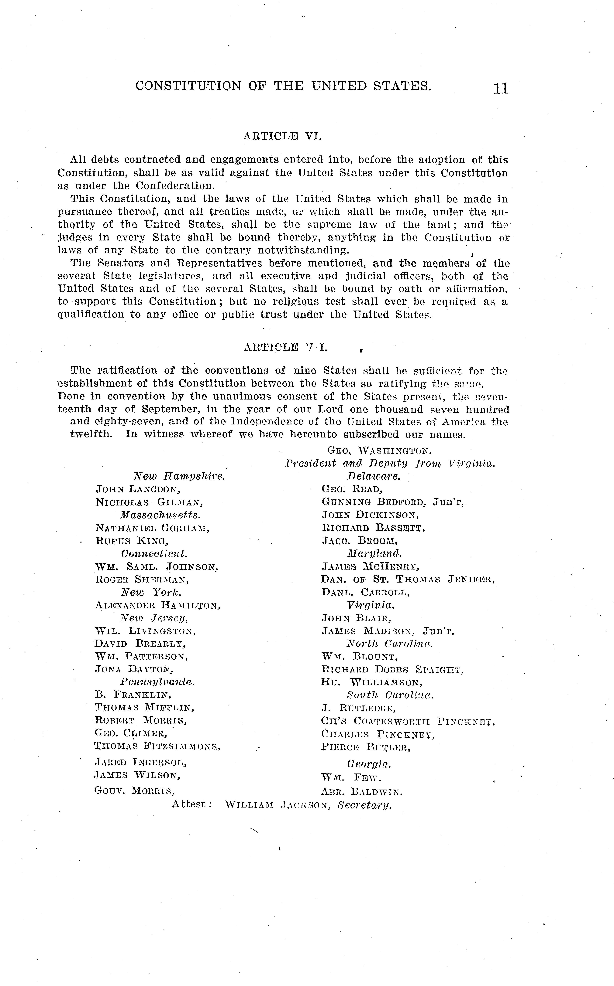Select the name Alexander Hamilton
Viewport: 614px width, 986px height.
157,606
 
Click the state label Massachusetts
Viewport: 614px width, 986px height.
160,515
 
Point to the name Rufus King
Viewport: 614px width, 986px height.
132,541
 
